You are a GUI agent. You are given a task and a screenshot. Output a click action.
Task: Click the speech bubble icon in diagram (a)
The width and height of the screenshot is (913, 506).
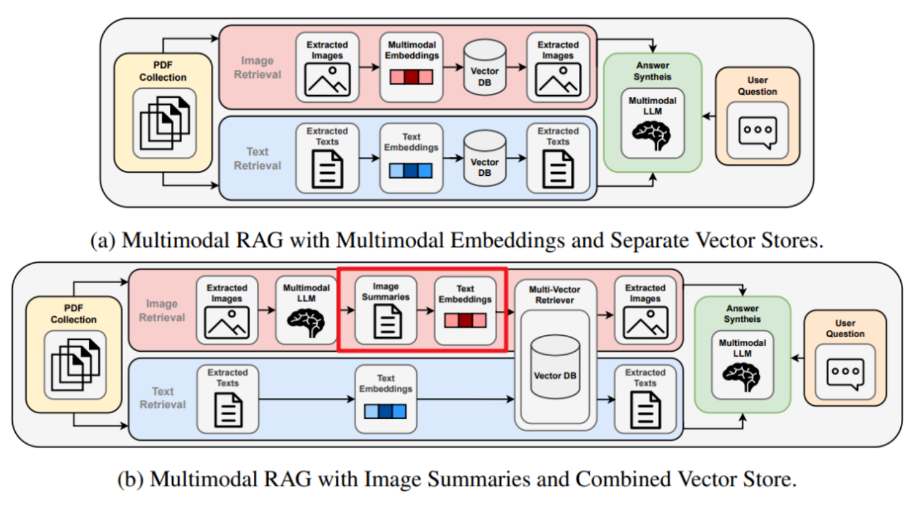(757, 131)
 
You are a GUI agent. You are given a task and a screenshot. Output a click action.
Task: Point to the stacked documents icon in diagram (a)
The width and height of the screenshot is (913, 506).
(164, 123)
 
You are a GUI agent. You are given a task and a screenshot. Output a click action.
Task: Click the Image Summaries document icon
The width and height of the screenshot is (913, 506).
(386, 321)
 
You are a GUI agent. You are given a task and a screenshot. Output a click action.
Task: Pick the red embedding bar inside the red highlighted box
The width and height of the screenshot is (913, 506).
(466, 320)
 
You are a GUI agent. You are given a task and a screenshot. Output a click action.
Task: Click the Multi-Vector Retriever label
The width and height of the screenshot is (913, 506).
(556, 293)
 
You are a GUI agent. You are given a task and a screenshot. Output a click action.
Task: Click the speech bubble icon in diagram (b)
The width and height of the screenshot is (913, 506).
(845, 371)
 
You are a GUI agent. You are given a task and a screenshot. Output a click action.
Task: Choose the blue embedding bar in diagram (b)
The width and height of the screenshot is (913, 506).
(385, 411)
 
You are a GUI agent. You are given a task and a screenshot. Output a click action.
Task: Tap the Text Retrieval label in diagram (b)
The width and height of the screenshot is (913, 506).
(163, 397)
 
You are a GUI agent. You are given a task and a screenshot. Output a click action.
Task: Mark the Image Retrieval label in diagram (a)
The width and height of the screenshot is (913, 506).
(257, 67)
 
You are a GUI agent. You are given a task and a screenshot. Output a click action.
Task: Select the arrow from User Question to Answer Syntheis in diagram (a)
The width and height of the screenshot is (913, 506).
(708, 117)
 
